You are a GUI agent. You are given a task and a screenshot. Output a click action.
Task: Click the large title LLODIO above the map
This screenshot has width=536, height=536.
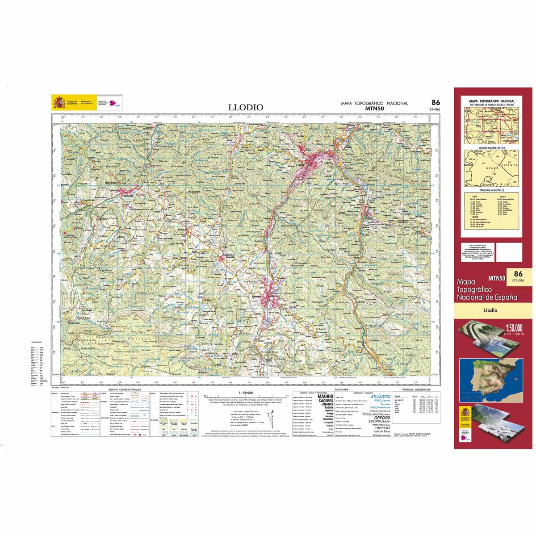pos(246,107)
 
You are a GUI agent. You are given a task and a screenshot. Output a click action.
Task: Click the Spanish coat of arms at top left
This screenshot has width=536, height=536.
pos(59,103)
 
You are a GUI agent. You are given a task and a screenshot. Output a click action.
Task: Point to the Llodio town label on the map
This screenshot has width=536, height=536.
pos(300,165)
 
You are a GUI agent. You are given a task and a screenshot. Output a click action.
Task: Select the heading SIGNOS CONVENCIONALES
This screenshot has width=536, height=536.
pos(125,390)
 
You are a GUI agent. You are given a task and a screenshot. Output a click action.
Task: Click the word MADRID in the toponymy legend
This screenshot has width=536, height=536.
pos(325,396)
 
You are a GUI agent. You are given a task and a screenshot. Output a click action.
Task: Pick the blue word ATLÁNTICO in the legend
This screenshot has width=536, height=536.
pos(381,396)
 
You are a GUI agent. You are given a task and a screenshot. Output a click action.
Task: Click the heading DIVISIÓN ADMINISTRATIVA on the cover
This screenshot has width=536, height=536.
pos(492,147)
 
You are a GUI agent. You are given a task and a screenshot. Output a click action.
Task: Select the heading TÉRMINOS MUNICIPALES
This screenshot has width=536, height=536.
pos(492,190)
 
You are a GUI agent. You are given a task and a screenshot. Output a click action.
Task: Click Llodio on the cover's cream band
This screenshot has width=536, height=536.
pos(490,310)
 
